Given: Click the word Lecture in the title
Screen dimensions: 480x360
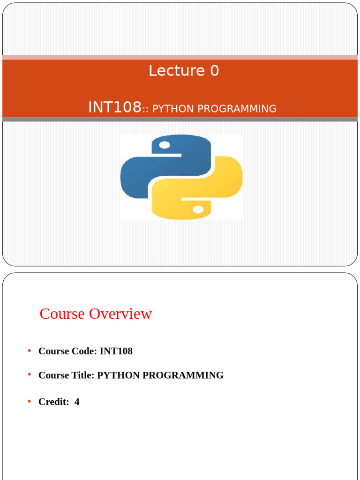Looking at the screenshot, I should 177,71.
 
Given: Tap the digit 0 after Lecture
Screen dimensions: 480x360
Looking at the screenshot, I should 214,71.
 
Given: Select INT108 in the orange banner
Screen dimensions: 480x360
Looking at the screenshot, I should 114,108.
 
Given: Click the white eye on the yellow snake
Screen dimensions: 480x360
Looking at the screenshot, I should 198,209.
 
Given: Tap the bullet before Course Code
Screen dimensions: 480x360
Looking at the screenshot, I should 29,351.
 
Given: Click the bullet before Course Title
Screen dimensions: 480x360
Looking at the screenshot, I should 29,375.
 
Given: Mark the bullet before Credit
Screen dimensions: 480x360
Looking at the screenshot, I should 29,402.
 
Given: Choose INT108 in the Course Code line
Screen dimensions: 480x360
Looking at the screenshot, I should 116,351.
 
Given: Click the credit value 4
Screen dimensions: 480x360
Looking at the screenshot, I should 77,402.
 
